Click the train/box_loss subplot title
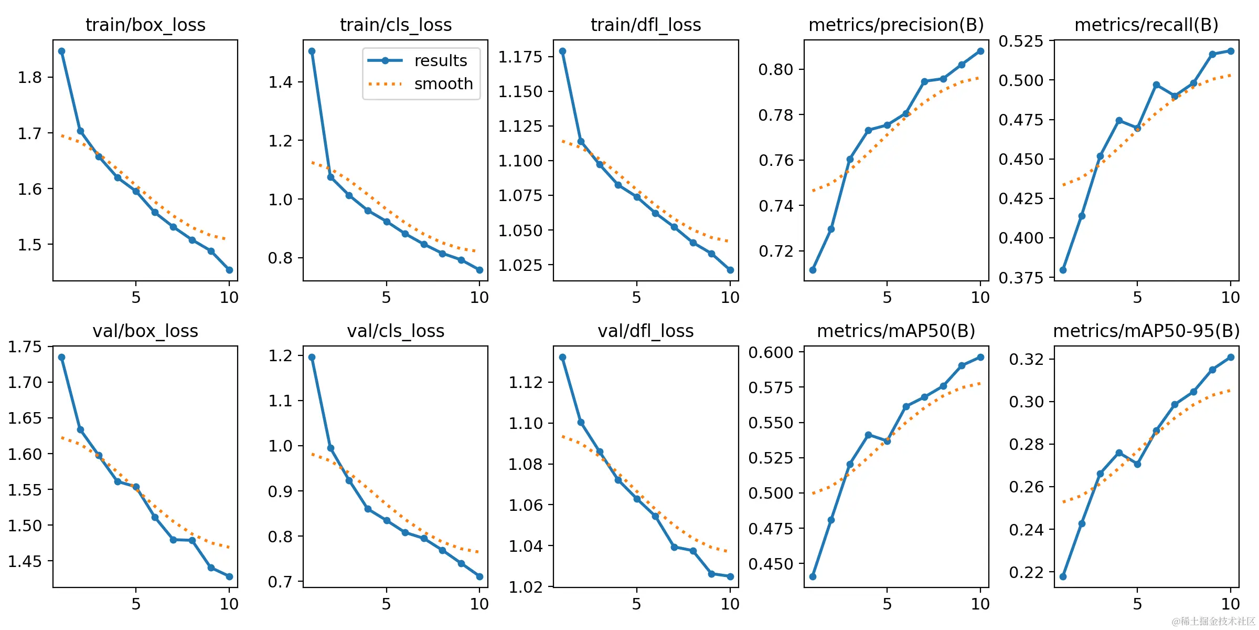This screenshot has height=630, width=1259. click(x=145, y=25)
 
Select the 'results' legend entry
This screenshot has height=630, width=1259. click(x=440, y=61)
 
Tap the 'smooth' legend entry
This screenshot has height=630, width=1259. click(x=443, y=84)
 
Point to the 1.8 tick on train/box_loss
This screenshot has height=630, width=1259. click(x=29, y=78)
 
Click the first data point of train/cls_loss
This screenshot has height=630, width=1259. click(x=312, y=51)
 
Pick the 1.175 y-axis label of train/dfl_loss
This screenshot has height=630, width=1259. click(x=520, y=57)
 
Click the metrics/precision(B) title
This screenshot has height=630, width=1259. click(x=896, y=25)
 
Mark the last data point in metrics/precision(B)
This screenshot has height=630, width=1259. click(x=980, y=51)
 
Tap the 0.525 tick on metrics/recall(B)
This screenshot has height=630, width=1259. click(x=1021, y=41)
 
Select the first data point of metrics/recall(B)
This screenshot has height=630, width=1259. click(x=1063, y=270)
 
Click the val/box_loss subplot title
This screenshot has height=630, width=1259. click(x=145, y=331)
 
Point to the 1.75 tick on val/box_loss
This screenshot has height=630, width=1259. click(x=25, y=347)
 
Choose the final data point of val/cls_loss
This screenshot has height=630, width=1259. click(x=479, y=576)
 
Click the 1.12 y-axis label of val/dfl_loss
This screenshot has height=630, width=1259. click(x=525, y=383)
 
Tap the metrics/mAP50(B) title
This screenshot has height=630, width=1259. click(x=896, y=331)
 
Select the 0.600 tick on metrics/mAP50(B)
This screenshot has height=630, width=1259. click(x=771, y=352)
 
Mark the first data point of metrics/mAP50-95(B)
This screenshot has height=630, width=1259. click(x=1063, y=576)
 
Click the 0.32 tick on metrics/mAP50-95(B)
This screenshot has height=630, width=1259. click(x=1026, y=360)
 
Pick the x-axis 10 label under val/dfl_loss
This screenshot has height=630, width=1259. click(x=730, y=604)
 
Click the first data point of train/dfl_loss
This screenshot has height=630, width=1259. click(x=562, y=51)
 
